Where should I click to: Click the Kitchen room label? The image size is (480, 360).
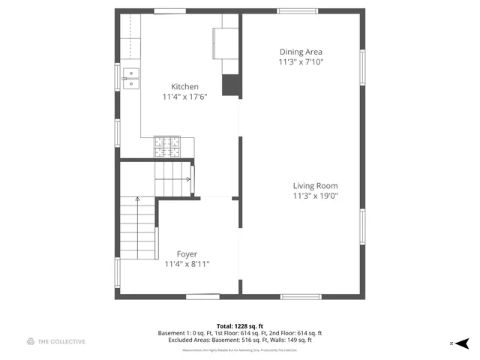pyautogui.click(x=184, y=86)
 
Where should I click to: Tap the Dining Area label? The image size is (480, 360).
pyautogui.click(x=301, y=52)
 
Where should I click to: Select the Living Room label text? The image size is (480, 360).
pyautogui.click(x=315, y=186)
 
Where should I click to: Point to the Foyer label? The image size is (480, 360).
pyautogui.click(x=187, y=254)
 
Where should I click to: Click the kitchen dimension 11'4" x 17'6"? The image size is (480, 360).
pyautogui.click(x=184, y=97)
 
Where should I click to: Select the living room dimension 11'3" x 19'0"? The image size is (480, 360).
pyautogui.click(x=315, y=196)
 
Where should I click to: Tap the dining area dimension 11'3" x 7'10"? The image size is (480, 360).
pyautogui.click(x=301, y=62)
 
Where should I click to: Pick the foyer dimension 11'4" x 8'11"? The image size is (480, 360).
pyautogui.click(x=187, y=264)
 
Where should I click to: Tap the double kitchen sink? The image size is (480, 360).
pyautogui.click(x=130, y=78)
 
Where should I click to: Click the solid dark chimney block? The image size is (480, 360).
pyautogui.click(x=230, y=85)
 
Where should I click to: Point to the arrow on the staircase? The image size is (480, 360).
pyautogui.click(x=137, y=199)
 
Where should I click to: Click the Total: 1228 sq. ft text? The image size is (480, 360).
pyautogui.click(x=239, y=325)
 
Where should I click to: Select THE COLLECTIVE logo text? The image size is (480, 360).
pyautogui.click(x=62, y=342)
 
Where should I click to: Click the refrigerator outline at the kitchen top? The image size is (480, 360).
pyautogui.click(x=225, y=42)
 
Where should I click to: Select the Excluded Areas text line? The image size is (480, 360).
pyautogui.click(x=239, y=340)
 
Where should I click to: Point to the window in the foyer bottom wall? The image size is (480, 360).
pyautogui.click(x=202, y=297)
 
